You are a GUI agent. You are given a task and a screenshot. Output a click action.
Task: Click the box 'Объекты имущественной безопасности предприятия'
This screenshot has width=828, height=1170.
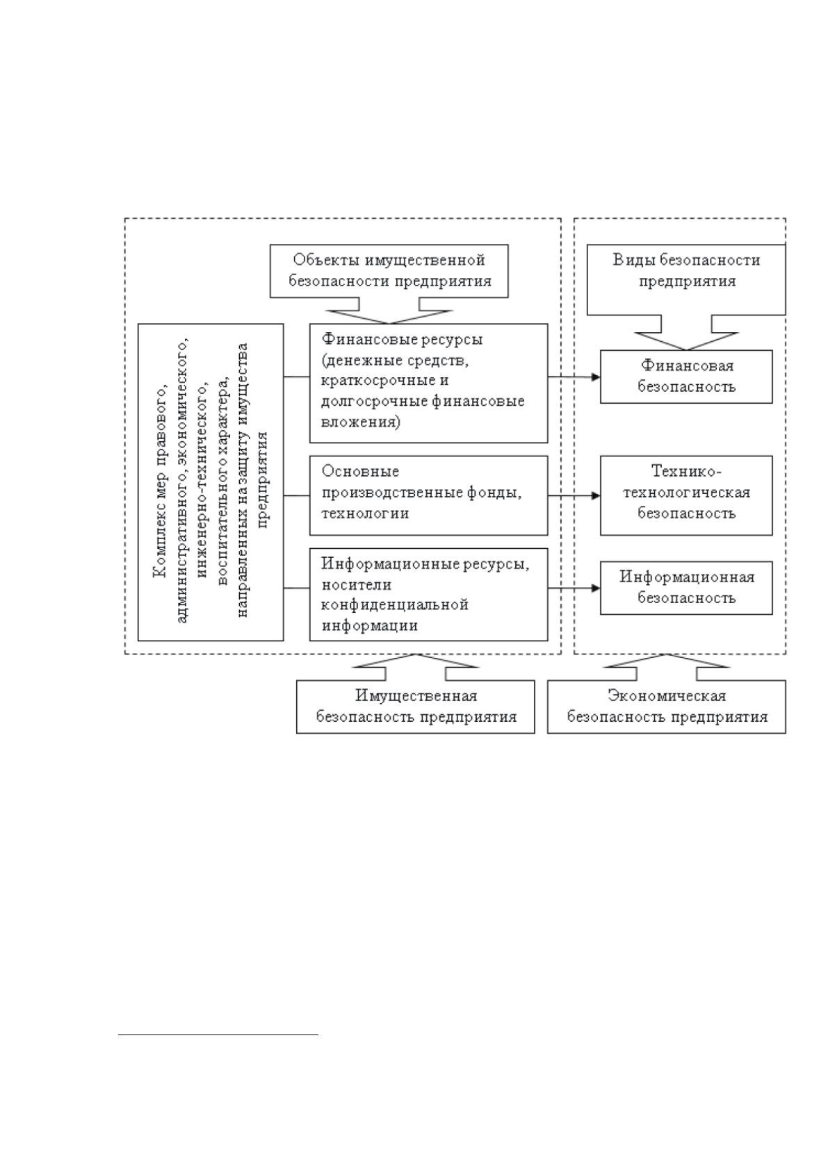[389, 270]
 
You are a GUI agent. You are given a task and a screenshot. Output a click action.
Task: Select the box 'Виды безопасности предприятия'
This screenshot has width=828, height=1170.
[685, 279]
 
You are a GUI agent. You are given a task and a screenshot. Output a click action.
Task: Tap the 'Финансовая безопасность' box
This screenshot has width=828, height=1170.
[685, 376]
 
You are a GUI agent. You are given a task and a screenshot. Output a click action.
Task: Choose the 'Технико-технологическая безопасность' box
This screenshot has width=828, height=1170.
[685, 495]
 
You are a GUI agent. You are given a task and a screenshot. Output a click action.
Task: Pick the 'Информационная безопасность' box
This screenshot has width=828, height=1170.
[685, 588]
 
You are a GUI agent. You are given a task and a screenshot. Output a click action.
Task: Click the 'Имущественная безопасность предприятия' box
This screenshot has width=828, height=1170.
[415, 706]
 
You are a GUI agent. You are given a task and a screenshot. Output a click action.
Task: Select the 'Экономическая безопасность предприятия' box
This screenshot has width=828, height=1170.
[667, 706]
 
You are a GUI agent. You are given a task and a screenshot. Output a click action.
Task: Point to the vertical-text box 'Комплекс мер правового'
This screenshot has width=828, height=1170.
[211, 481]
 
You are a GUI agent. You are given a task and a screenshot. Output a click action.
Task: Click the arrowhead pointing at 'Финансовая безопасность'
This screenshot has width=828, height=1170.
[595, 377]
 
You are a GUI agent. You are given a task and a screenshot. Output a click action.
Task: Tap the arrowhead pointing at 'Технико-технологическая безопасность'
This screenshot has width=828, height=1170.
[595, 495]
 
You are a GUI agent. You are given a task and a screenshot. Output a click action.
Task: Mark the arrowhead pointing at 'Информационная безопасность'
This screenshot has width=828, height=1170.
[595, 588]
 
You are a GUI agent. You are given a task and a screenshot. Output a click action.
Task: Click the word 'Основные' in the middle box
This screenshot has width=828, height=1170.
[360, 471]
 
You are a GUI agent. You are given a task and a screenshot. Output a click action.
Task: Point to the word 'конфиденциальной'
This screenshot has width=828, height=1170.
[395, 605]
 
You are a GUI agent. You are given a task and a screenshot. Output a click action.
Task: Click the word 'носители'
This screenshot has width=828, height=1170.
[356, 584]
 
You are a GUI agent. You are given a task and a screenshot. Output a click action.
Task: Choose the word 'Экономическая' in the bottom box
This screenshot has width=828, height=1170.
[667, 695]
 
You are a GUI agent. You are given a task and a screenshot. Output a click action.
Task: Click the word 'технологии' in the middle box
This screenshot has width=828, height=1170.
[365, 513]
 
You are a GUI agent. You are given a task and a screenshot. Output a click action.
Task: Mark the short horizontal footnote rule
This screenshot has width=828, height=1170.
[218, 1034]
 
